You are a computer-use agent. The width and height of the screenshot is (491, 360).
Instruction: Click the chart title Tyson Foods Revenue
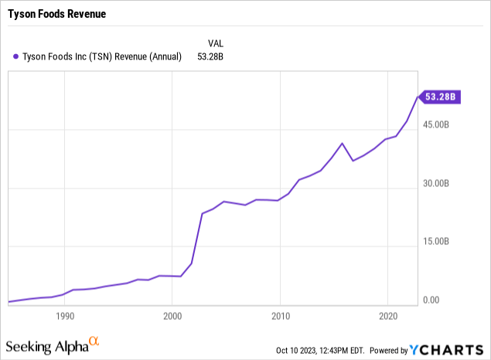tap(56, 14)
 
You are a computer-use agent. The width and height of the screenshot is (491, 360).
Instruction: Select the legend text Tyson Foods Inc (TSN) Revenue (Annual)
tap(103, 56)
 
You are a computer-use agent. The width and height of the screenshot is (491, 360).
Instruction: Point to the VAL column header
tap(216, 42)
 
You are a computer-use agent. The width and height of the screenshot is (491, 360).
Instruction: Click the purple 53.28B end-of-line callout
tap(442, 97)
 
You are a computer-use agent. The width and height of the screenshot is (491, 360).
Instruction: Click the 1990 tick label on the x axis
tap(65, 316)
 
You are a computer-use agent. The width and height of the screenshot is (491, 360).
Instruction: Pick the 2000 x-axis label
tap(172, 316)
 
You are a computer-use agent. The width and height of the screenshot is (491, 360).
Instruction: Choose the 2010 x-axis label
tap(280, 316)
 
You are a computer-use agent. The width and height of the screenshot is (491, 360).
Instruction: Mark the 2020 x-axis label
tap(387, 316)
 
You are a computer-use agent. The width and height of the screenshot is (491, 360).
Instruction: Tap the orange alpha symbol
tap(94, 341)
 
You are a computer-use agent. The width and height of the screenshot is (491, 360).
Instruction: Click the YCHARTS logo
tap(448, 349)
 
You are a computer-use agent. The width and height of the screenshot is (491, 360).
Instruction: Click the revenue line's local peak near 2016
tap(343, 143)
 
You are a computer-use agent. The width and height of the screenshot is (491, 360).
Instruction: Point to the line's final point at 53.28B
tap(418, 97)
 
